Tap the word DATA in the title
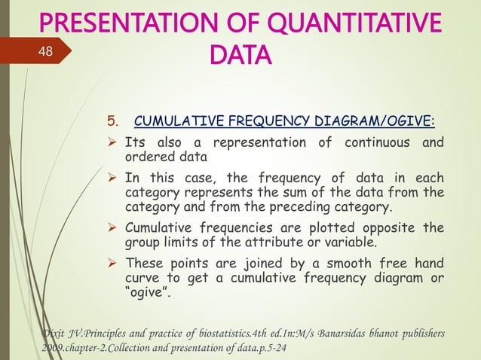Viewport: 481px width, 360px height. [237, 55]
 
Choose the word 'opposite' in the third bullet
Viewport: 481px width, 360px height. [391, 227]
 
